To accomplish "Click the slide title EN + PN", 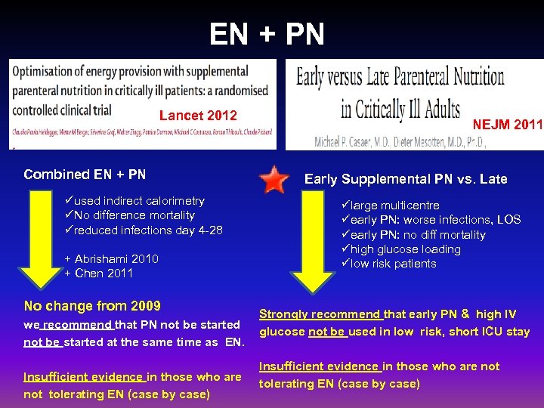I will (267, 34).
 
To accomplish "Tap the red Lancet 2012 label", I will (198, 116).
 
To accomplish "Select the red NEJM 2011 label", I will (508, 123).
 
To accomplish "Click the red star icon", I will (273, 180).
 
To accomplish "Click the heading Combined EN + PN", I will (85, 175).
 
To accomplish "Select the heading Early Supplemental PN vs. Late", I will (405, 179).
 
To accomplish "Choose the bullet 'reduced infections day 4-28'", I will (144, 230).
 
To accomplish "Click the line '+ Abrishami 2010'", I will (111, 258).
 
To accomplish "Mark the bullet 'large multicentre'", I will (389, 206).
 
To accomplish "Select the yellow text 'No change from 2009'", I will (92, 306).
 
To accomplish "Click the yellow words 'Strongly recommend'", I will (320, 314).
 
